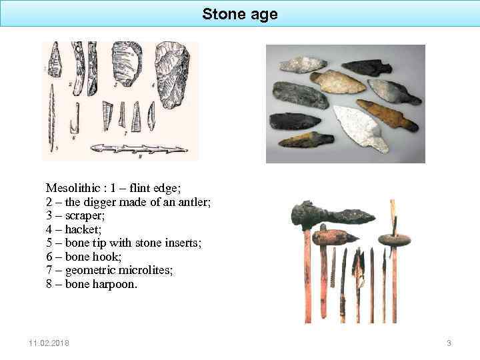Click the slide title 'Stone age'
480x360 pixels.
pos(240,14)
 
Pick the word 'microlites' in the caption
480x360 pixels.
pos(157,271)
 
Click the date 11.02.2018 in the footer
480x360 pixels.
pos(49,343)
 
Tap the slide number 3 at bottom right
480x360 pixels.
pos(449,343)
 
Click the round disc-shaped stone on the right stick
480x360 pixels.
pos(394,239)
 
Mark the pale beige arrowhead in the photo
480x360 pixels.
pos(338,82)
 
